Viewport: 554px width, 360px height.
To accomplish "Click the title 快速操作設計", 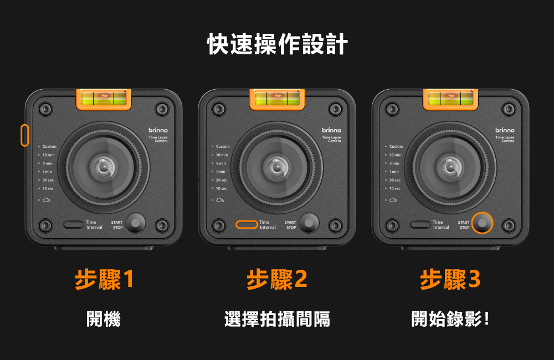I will click(x=277, y=44).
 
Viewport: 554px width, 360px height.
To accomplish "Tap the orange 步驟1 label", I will click(x=104, y=280).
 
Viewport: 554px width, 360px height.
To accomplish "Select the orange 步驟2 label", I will click(x=277, y=280).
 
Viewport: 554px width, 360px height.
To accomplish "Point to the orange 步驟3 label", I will click(x=450, y=280).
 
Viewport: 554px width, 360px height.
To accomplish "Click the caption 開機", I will click(x=104, y=319).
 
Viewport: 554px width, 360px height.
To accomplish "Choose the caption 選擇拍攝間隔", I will click(x=277, y=319).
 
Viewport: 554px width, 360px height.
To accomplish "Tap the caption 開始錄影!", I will click(x=450, y=319).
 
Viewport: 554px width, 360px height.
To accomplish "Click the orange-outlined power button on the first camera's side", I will click(x=24, y=135).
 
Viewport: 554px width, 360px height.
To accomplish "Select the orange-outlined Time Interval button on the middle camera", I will click(x=247, y=224).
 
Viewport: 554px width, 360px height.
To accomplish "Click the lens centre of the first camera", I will click(x=104, y=166).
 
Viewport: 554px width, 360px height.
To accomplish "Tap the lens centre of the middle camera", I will click(x=277, y=166).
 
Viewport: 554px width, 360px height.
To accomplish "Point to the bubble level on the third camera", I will click(x=450, y=99).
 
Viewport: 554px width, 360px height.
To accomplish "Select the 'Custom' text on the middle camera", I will click(x=223, y=146).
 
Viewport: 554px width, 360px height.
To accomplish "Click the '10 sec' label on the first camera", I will click(x=48, y=188).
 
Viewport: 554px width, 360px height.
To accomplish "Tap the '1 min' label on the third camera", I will click(x=394, y=172).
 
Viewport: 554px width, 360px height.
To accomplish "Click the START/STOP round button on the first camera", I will click(x=135, y=223).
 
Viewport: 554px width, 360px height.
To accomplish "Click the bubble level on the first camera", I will click(x=104, y=99).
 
